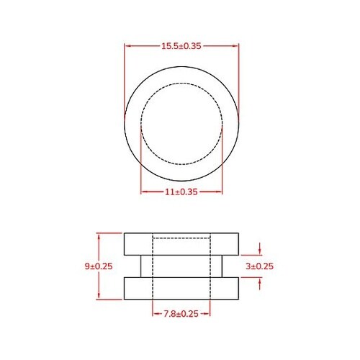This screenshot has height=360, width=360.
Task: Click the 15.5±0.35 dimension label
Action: click(x=181, y=45)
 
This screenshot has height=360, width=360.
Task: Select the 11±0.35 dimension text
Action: click(x=180, y=192)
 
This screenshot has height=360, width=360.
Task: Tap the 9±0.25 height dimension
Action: click(x=99, y=266)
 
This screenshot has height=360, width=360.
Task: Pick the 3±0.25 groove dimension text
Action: click(x=261, y=266)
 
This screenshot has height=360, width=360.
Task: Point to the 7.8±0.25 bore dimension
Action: click(x=180, y=314)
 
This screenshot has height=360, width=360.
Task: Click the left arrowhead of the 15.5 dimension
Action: click(x=127, y=45)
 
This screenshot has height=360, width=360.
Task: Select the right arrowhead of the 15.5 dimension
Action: click(x=235, y=45)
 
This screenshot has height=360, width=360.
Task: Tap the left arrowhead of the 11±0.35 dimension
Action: click(x=143, y=192)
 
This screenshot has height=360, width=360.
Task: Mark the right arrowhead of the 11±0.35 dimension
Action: click(x=220, y=192)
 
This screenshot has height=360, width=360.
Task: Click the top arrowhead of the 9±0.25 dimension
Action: click(x=99, y=235)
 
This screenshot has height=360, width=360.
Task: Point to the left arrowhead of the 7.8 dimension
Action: click(x=155, y=314)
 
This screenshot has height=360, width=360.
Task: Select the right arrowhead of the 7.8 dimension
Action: click(x=207, y=314)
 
